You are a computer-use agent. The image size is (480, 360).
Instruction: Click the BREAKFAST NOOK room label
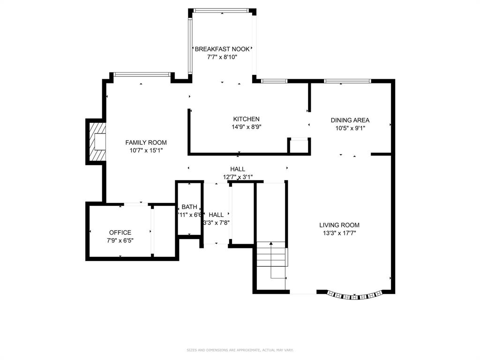(x=222, y=49)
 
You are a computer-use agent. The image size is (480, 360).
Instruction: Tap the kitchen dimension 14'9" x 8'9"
(x=246, y=127)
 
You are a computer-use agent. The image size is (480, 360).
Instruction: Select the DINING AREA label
(x=350, y=120)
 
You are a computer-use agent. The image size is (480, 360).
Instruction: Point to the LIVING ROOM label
(x=339, y=225)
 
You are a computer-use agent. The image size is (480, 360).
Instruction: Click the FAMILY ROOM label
(x=146, y=142)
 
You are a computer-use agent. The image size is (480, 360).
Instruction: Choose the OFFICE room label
(x=120, y=232)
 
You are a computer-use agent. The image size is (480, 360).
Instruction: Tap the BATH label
(x=189, y=207)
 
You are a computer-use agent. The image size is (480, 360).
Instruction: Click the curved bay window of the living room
(x=356, y=296)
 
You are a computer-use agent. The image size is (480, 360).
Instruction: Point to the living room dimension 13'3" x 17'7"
(x=339, y=233)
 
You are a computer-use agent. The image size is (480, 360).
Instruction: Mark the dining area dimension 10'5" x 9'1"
(x=350, y=128)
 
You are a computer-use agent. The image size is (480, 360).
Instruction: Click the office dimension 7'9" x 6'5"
(x=120, y=240)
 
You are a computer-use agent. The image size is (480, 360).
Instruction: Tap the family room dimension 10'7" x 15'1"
(x=146, y=150)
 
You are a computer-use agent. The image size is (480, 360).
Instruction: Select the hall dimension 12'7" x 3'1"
(x=238, y=177)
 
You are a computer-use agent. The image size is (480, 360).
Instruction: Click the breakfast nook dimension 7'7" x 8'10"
(x=222, y=57)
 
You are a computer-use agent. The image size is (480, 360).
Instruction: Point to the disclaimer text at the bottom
(x=240, y=350)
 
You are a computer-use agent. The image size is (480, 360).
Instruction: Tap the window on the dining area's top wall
(x=348, y=81)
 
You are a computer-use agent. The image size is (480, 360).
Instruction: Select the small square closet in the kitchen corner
(x=298, y=146)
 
